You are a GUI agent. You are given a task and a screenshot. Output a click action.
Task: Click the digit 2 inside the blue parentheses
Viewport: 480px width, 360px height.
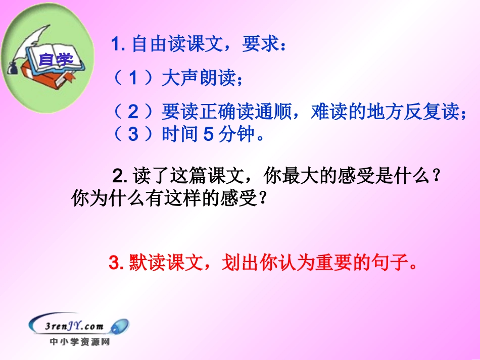coord(133,112)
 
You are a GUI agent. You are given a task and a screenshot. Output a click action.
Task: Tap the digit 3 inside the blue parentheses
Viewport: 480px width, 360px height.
coord(133,135)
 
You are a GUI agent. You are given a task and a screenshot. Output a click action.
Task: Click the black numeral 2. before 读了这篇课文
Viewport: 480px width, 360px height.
coord(119,176)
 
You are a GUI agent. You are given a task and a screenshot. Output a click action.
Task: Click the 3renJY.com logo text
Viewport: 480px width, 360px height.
coord(76,326)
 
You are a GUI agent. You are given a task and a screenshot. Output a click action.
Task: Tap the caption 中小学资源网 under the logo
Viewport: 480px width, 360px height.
coord(79,342)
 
